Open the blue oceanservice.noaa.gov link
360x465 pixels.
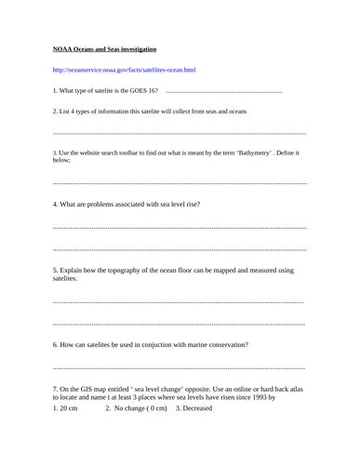(x=124, y=70)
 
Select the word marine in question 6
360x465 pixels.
(x=192, y=344)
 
